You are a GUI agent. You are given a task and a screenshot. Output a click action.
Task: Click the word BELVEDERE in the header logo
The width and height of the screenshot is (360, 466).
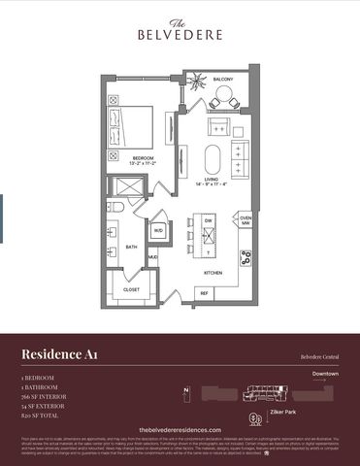(180, 34)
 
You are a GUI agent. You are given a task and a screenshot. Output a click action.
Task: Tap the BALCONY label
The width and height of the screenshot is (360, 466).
(223, 81)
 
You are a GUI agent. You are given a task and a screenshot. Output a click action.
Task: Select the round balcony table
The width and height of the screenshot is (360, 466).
(221, 98)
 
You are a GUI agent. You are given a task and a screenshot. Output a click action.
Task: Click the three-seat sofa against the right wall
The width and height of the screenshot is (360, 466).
(240, 154)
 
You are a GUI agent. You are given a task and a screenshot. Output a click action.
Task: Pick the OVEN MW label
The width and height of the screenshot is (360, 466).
(245, 221)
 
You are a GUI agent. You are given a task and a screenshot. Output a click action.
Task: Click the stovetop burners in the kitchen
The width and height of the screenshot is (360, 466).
(246, 258)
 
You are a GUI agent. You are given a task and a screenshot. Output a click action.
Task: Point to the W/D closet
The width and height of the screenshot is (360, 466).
(158, 231)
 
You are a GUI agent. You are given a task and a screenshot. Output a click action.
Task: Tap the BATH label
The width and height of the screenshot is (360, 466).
(132, 247)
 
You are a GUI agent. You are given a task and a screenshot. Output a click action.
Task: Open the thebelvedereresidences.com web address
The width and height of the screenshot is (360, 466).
(180, 429)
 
